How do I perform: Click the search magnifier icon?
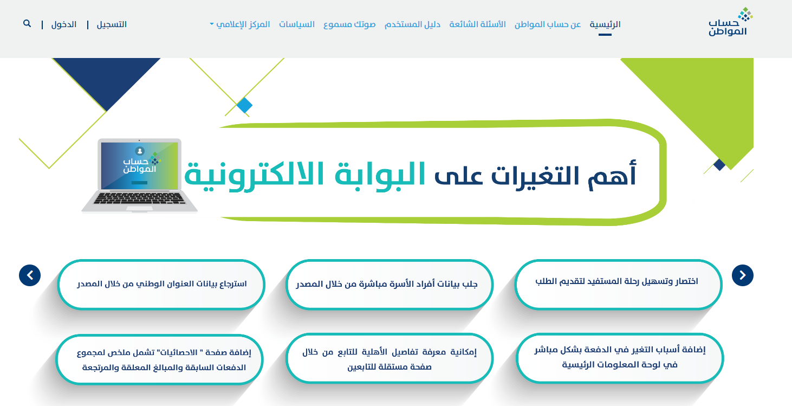click(x=27, y=24)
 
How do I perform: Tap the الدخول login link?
click(x=63, y=24)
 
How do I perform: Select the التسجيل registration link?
click(x=112, y=24)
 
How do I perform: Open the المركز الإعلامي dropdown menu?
click(x=240, y=24)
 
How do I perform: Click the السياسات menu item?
click(x=297, y=24)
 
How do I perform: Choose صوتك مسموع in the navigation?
click(x=349, y=24)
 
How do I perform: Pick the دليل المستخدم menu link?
click(x=412, y=24)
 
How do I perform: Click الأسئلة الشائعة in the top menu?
click(x=477, y=24)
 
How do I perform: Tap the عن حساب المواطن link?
click(x=548, y=24)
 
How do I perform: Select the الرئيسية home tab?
click(x=605, y=24)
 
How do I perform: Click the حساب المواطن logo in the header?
click(x=730, y=22)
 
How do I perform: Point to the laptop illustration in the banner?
click(x=139, y=176)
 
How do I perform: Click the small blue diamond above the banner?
click(x=244, y=105)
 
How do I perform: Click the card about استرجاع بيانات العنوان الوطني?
click(x=161, y=285)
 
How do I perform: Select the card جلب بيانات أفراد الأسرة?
click(x=389, y=285)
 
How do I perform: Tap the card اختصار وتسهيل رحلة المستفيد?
click(x=618, y=285)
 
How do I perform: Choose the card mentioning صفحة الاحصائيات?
click(x=160, y=360)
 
